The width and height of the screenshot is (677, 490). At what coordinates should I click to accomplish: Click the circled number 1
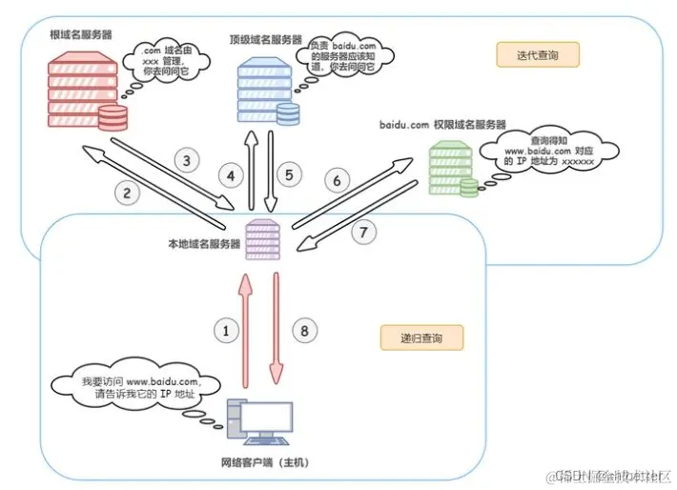(226, 332)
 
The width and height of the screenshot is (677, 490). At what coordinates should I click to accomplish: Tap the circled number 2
(129, 192)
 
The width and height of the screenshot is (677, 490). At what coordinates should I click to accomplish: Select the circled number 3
(188, 159)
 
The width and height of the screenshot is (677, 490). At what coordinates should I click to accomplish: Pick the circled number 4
(230, 175)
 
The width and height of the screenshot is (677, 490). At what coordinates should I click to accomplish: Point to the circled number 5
(292, 175)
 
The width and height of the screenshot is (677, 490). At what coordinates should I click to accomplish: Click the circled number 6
(335, 179)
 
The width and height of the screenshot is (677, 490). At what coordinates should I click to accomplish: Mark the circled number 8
(304, 332)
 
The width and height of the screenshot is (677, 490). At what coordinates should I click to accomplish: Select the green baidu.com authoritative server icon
(451, 169)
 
